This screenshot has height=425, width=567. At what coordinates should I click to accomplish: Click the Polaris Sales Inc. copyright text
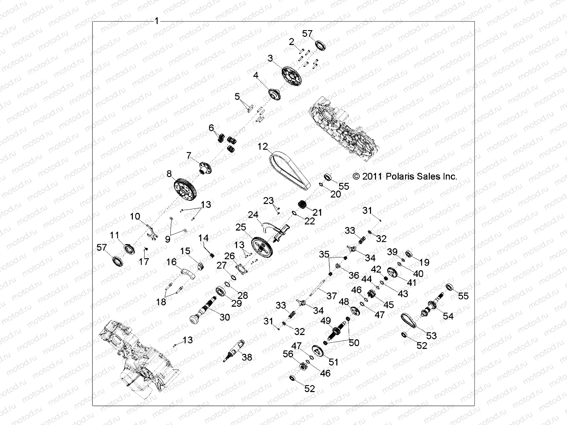pos(405,176)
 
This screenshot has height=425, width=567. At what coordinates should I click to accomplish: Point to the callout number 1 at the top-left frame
pos(157,21)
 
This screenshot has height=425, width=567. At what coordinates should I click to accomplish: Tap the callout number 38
pos(247,357)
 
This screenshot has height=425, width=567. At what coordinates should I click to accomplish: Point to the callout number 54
pos(448,316)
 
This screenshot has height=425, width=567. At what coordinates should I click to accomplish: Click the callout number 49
pos(326,321)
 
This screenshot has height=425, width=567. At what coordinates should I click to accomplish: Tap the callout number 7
pos(189,155)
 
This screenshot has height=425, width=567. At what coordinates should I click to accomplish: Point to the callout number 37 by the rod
pos(331,295)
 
